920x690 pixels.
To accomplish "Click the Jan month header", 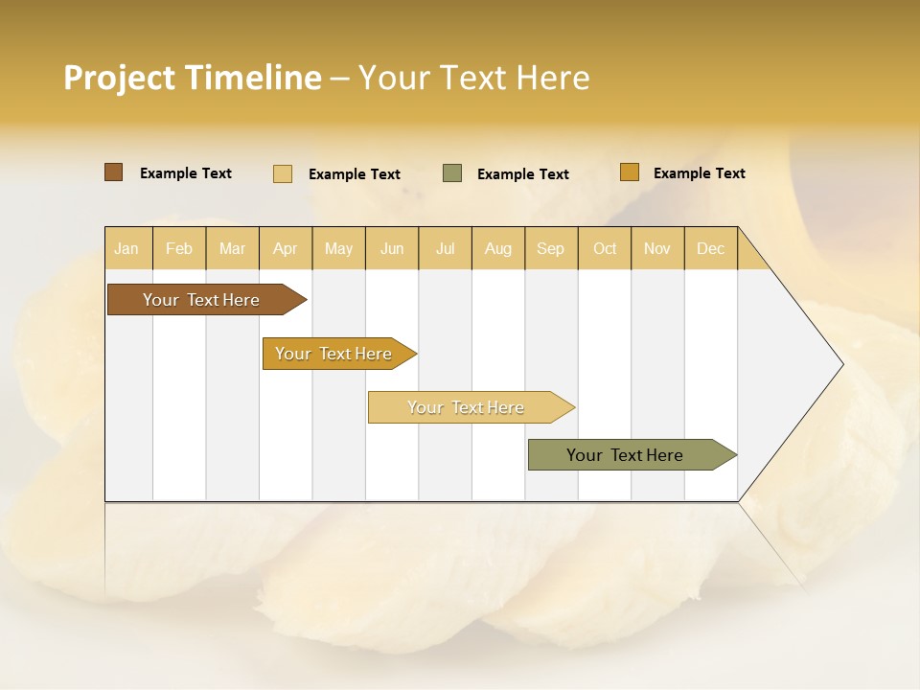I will [127, 248].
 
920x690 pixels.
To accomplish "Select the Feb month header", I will [179, 248].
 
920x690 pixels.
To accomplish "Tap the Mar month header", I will [232, 248].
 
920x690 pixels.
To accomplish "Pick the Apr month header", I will [286, 248].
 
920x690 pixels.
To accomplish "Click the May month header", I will [338, 248].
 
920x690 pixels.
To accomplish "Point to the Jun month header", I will [392, 248].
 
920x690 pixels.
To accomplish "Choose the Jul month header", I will [445, 248].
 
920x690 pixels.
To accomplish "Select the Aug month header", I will [498, 248].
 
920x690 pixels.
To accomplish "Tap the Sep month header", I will [551, 248].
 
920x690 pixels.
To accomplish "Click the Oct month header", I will [605, 248].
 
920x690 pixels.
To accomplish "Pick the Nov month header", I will [657, 248].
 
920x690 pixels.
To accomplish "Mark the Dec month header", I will [711, 248].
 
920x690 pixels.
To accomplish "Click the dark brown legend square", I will [114, 172].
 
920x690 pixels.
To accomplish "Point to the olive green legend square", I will [452, 173].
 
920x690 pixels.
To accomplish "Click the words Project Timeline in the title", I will [193, 78].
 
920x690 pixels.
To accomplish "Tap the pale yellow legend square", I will [283, 173].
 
